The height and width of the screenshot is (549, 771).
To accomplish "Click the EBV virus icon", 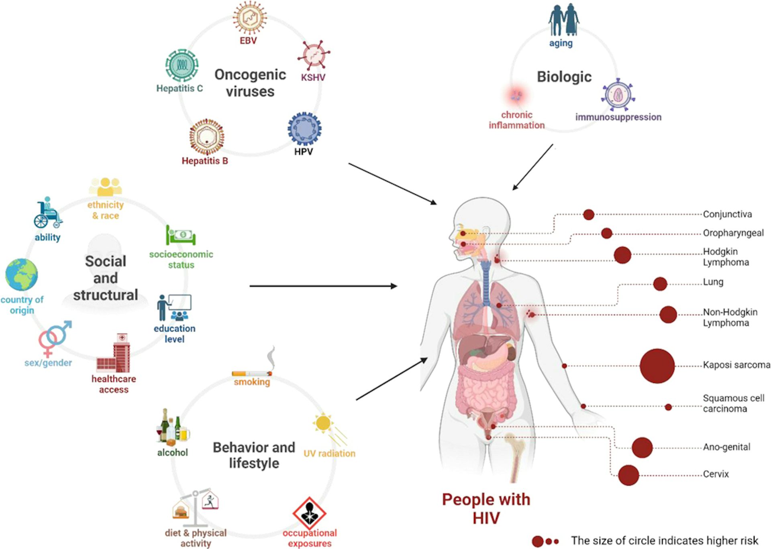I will [249, 18].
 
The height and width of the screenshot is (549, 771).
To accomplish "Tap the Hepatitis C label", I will [179, 88].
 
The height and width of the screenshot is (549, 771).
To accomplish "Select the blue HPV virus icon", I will [304, 129].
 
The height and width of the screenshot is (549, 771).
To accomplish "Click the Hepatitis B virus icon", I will [207, 137].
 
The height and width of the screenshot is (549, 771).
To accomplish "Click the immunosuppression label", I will [618, 117].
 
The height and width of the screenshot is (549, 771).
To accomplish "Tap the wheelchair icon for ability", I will [47, 213].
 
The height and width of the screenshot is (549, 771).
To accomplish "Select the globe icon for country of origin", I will [22, 275].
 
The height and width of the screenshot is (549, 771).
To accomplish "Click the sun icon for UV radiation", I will [323, 423].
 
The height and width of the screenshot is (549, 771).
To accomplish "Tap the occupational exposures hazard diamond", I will [309, 513].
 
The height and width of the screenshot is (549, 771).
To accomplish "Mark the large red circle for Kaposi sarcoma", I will [657, 366].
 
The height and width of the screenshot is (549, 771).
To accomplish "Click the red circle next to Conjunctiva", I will [588, 215].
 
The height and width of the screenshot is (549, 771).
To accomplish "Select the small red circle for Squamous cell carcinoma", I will [668, 407].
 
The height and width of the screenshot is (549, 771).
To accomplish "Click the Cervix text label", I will [716, 474].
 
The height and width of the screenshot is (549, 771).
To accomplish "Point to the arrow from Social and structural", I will [323, 286].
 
